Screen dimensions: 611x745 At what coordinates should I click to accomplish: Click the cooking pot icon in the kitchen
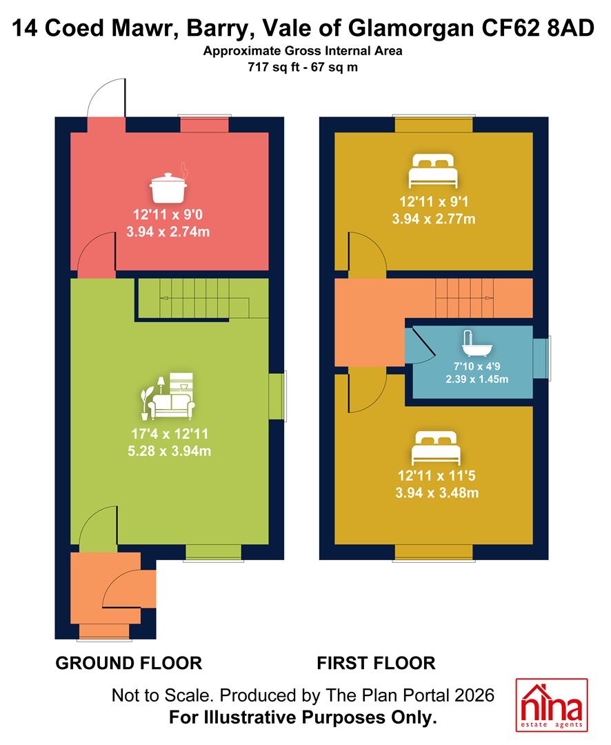[169, 184]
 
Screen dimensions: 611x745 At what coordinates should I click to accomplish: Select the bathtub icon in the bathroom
[477, 344]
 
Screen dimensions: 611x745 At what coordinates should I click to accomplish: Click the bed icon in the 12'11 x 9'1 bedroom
[433, 171]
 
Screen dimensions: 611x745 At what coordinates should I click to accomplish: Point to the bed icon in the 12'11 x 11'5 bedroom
[436, 448]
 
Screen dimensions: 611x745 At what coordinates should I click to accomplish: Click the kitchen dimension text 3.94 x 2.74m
[168, 232]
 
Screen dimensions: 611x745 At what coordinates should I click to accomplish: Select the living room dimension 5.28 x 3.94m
[169, 451]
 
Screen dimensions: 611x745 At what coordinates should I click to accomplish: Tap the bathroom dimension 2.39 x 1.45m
[477, 379]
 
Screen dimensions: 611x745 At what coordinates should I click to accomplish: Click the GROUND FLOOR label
[129, 663]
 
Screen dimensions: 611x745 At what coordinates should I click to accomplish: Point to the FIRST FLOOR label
[377, 663]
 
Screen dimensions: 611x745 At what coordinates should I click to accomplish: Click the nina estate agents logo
[552, 704]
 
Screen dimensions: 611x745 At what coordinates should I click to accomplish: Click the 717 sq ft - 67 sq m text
[303, 67]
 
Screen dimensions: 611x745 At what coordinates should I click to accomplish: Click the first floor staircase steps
[465, 298]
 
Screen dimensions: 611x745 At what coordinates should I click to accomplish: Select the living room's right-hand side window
[278, 396]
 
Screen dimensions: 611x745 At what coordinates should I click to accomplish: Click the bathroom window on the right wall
[541, 358]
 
